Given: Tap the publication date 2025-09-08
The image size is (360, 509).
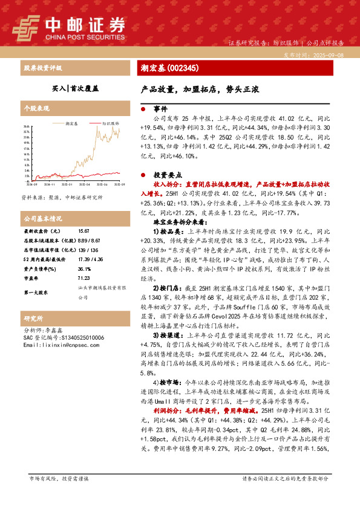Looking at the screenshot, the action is click(x=330, y=54).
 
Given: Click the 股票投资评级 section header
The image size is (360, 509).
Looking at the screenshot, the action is click(x=43, y=68).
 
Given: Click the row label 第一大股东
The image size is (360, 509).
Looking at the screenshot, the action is click(x=36, y=293).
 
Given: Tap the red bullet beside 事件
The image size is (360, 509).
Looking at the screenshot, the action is click(x=142, y=109).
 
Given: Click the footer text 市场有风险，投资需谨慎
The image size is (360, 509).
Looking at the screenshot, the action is click(x=59, y=478).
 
